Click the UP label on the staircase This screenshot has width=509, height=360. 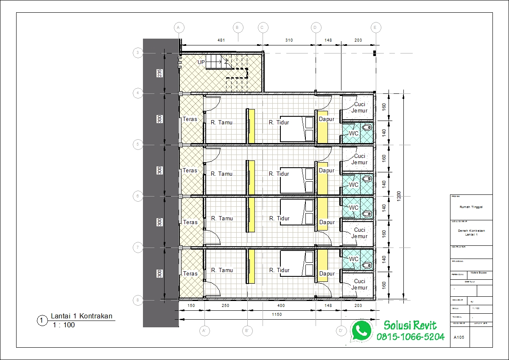tap(201, 62)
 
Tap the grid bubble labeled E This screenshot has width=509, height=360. tap(375, 28)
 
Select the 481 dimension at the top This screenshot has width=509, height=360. tap(221, 40)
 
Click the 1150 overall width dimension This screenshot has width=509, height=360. tap(277, 315)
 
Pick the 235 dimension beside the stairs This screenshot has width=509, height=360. tap(159, 73)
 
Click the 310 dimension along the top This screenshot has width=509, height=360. tap(289, 40)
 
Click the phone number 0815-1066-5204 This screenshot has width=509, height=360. tap(411, 337)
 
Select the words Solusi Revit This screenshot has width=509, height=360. tap(410, 325)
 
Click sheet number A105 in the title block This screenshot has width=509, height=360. tap(459, 338)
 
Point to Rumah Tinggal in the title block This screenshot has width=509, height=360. tap(471, 207)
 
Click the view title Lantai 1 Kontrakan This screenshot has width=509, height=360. tap(81, 316)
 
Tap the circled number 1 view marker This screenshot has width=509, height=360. tap(42, 321)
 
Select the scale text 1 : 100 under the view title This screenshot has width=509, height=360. tap(64, 325)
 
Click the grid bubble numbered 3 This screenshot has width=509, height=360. tap(137, 53)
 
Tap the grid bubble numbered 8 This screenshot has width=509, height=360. tap(137, 300)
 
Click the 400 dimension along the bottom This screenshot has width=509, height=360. tap(281, 306)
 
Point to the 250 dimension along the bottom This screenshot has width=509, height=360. tap(225, 306)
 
